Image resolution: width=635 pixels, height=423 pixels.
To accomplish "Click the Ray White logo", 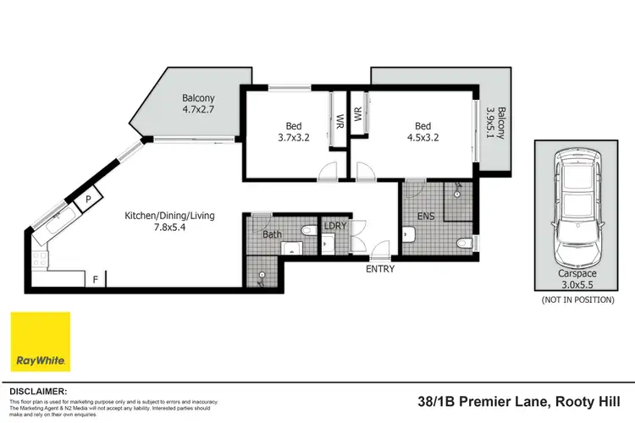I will (x=40, y=341).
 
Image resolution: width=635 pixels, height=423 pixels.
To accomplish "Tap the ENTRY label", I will (x=379, y=269).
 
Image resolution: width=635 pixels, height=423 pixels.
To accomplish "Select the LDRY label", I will (x=329, y=226).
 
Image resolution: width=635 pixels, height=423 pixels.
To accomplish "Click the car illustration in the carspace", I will (x=576, y=201).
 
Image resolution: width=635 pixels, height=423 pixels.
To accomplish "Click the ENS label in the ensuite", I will (x=425, y=216).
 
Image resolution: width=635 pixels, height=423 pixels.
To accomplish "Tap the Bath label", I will (x=272, y=233).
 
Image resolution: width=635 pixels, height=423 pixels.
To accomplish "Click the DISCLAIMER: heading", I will (x=37, y=392).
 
